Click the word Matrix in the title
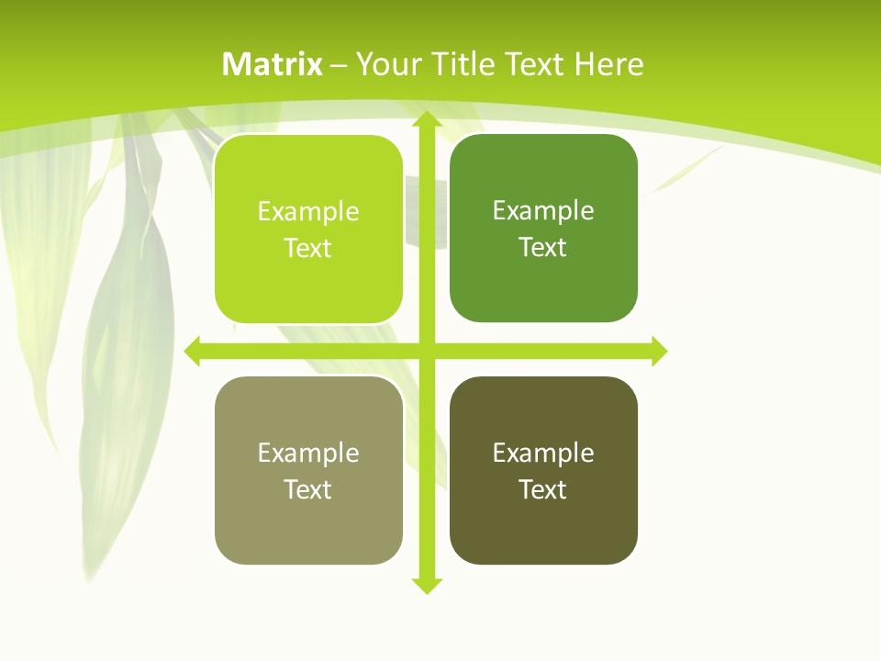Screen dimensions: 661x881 click(273, 64)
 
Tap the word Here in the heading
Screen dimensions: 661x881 click(609, 64)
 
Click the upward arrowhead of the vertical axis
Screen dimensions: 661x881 click(426, 119)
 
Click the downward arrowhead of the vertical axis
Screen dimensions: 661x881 click(426, 585)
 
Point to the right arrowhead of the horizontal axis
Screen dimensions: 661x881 click(659, 351)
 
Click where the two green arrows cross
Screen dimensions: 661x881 click(426, 351)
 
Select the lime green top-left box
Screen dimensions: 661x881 click(308, 285)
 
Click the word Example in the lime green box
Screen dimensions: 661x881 click(308, 212)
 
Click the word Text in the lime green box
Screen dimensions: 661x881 click(308, 249)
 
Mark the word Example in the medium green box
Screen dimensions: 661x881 click(543, 211)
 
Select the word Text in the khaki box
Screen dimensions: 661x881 click(308, 490)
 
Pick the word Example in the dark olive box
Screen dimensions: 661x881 click(543, 453)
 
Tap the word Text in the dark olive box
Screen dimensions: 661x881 click(543, 490)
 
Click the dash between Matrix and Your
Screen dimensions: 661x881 click(339, 65)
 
